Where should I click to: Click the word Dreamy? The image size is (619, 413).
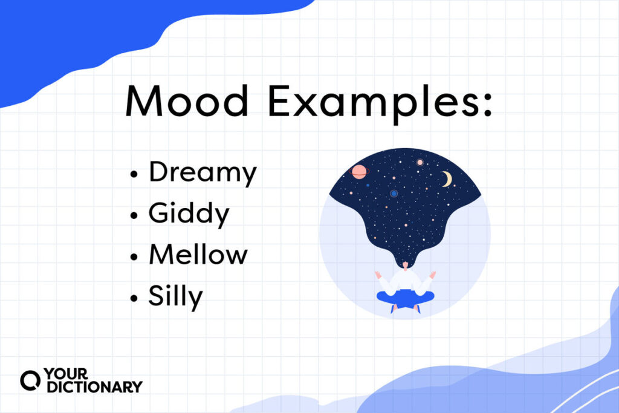[203, 174]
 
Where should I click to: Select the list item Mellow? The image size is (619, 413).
[198, 255]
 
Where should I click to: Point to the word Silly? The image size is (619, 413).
[176, 297]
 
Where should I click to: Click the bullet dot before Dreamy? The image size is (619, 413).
[134, 175]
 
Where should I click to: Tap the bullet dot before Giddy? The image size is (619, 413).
[134, 216]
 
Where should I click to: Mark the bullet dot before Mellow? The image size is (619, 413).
[134, 256]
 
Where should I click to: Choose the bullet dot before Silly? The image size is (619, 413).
[134, 298]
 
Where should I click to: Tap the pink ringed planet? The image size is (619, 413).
[358, 172]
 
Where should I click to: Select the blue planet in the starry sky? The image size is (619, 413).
[394, 193]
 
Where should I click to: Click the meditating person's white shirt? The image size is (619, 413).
[404, 281]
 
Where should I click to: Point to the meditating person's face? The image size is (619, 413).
[404, 266]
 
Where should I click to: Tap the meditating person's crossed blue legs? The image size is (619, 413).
[404, 298]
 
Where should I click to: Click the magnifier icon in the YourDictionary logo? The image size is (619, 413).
[29, 380]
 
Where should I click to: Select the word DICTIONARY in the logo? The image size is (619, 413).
[91, 386]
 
